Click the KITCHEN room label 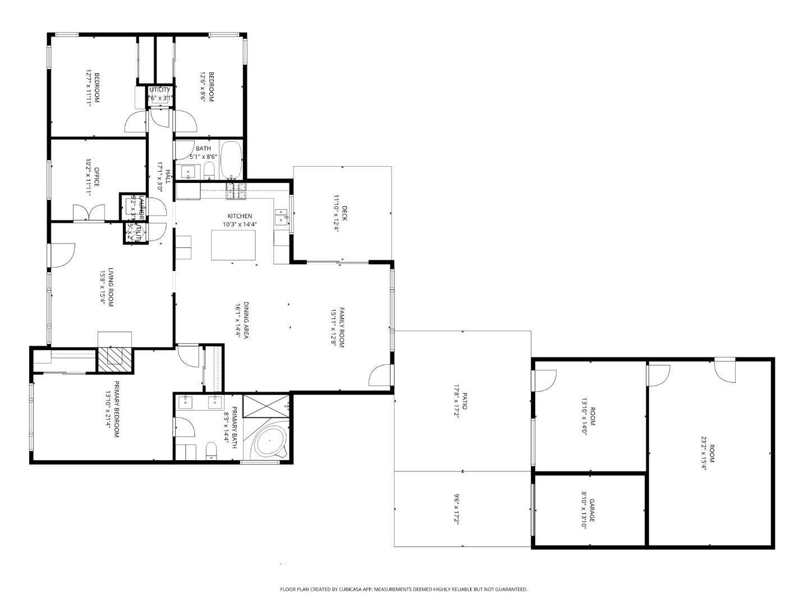tap(240, 216)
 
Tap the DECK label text tap(345, 214)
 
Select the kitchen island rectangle tap(233, 245)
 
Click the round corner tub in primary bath tap(270, 441)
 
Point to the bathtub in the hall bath tap(231, 160)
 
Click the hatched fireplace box tap(116, 360)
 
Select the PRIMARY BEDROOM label tap(117, 410)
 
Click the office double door tap(89, 213)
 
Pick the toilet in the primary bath tap(211, 451)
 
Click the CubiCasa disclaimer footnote tap(403, 589)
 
